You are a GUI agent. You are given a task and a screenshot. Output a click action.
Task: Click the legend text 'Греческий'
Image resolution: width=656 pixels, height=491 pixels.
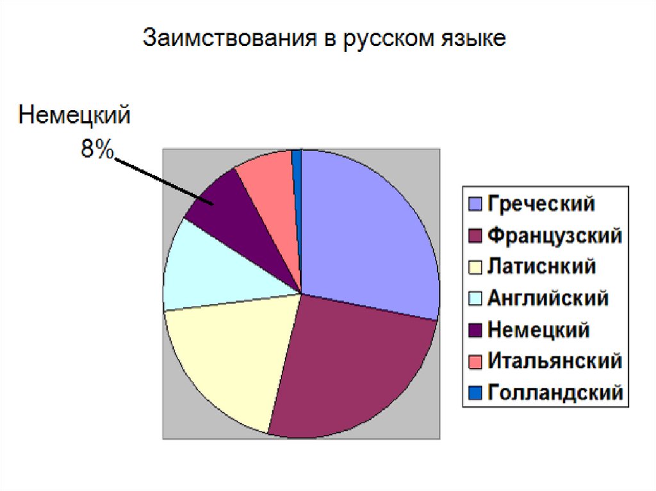click(x=541, y=204)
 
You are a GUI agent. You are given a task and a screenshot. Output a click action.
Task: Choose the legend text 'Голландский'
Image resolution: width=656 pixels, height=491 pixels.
click(x=555, y=393)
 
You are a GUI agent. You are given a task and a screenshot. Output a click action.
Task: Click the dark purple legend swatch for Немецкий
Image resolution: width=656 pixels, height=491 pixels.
click(x=475, y=330)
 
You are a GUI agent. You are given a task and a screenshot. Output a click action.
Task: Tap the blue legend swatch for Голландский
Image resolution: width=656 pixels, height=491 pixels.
click(x=475, y=392)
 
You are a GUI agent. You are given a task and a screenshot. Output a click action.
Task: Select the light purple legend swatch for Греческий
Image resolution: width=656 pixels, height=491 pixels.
click(x=475, y=204)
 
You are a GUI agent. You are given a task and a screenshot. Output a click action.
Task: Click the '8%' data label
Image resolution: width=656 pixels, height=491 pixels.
click(x=97, y=149)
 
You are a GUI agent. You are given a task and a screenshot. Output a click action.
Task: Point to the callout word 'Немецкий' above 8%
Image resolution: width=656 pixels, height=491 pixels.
click(x=74, y=115)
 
